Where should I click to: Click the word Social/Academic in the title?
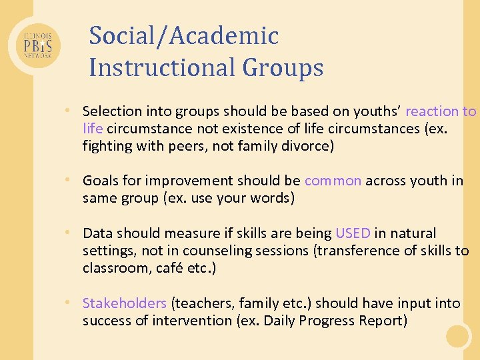coord(183,36)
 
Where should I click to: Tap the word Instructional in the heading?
coord(162,68)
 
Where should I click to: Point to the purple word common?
coord(333,181)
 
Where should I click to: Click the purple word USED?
coord(353,233)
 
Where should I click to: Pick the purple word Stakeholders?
coord(124,303)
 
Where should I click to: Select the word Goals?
coord(100,181)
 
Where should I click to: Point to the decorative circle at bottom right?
coord(459,336)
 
